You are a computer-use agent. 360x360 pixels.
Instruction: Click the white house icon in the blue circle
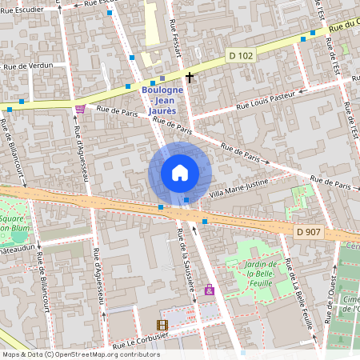click(180, 173)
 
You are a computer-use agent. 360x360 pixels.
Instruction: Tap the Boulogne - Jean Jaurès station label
click(162, 100)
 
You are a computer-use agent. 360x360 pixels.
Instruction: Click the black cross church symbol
click(190, 78)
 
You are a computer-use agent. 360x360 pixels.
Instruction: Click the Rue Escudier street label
click(87, 6)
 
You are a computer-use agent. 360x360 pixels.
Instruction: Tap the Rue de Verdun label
click(28, 66)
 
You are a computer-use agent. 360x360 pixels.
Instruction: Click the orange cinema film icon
click(163, 325)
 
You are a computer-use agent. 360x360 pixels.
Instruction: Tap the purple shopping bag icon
click(210, 290)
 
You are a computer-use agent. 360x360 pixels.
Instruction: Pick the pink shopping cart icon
click(79, 110)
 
